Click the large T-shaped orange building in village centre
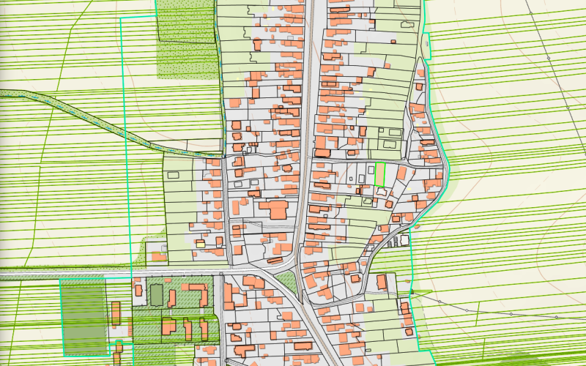click(x=277, y=210)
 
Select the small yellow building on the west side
click(x=199, y=242)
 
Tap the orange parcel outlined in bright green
click(x=380, y=174)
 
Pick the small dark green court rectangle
click(x=156, y=294)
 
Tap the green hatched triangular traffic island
click(x=287, y=283)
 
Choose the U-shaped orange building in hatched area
click(x=196, y=293)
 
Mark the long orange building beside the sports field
click(x=116, y=314)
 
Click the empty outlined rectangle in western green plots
click(x=174, y=175)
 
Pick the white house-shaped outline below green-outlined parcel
click(x=382, y=191)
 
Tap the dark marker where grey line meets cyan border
click(x=412, y=293)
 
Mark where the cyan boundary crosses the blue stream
click(x=125, y=130)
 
